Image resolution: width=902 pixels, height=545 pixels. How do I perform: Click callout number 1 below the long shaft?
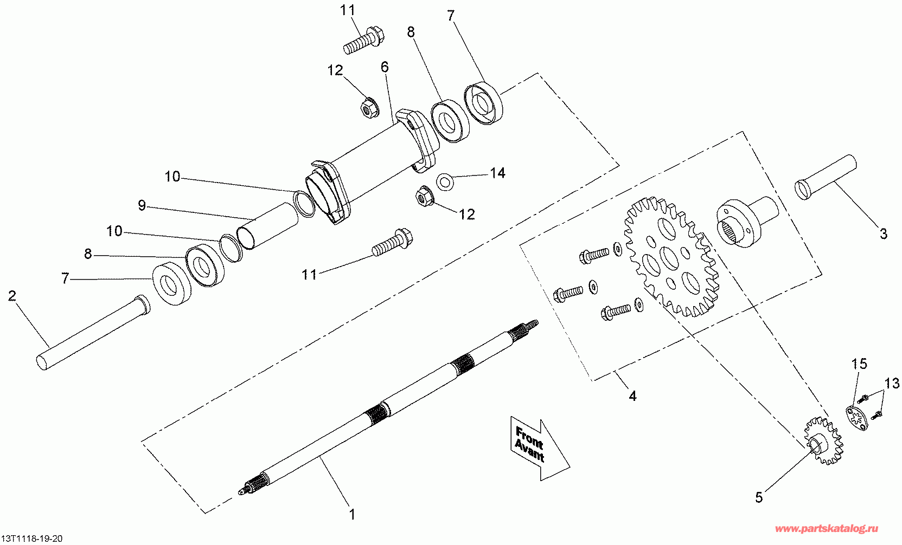[352, 514]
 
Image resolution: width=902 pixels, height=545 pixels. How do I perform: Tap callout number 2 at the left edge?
[12, 296]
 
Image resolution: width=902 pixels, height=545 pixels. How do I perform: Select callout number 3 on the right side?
[884, 233]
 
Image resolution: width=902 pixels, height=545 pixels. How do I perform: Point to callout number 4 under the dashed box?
[632, 396]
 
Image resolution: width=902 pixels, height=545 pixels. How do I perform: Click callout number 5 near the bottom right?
[759, 497]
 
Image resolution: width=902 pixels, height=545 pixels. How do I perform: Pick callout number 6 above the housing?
[385, 67]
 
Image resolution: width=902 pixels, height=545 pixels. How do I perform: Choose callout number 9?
[142, 206]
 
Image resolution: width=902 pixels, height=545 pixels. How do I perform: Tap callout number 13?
[892, 384]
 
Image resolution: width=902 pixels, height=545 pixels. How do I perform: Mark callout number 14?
[497, 173]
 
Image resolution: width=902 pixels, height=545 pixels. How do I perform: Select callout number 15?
[859, 364]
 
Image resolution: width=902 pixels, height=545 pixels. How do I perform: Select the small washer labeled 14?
[446, 181]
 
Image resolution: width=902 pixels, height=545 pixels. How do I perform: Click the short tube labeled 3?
[826, 176]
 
